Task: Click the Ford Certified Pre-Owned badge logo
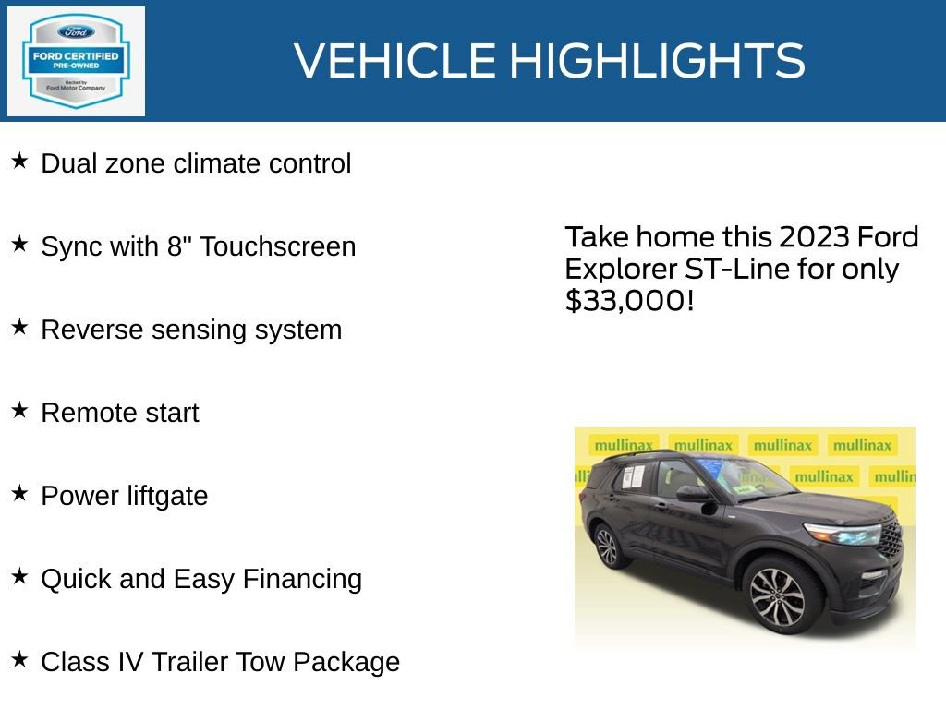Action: pyautogui.click(x=76, y=61)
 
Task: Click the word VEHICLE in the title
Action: pyautogui.click(x=395, y=61)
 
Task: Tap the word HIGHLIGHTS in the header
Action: pyautogui.click(x=657, y=61)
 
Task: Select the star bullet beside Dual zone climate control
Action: pyautogui.click(x=19, y=162)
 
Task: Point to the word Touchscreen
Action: pyautogui.click(x=278, y=246)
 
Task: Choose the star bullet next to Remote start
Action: pyautogui.click(x=19, y=411)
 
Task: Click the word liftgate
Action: pyautogui.click(x=169, y=496)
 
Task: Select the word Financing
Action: pyautogui.click(x=302, y=579)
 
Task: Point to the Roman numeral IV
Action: pyautogui.click(x=127, y=662)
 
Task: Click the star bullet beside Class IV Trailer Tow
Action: pyautogui.click(x=19, y=660)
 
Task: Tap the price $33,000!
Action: pyautogui.click(x=629, y=300)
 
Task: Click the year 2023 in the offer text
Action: pyautogui.click(x=814, y=237)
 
